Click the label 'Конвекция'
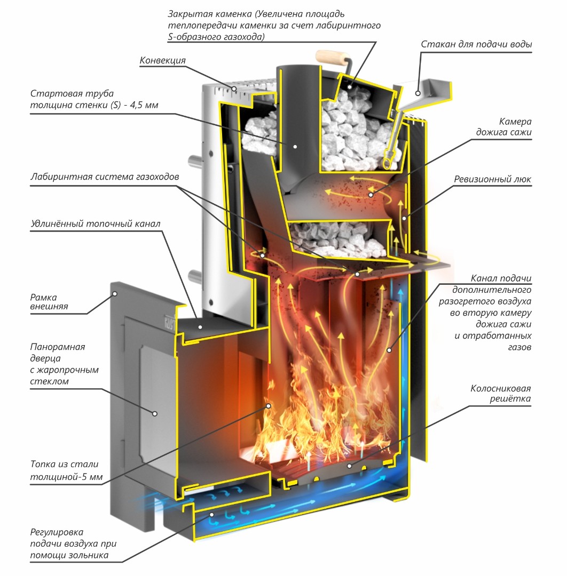coord(162,60)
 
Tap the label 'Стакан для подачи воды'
coord(476,44)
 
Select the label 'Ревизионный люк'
coord(492,179)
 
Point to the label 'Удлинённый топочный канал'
coord(96,223)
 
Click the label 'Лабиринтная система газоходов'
coord(105,177)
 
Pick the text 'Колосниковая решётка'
coord(500,394)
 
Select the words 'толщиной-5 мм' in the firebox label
coord(66,477)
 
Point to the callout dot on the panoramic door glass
coord(155,414)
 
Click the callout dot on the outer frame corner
coord(115,294)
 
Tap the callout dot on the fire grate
coord(349,466)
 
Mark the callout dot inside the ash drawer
coord(212,515)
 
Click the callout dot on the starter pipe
coord(295,147)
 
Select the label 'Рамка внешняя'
coord(49,301)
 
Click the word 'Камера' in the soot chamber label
coord(515,122)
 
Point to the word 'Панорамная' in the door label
coord(58,347)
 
